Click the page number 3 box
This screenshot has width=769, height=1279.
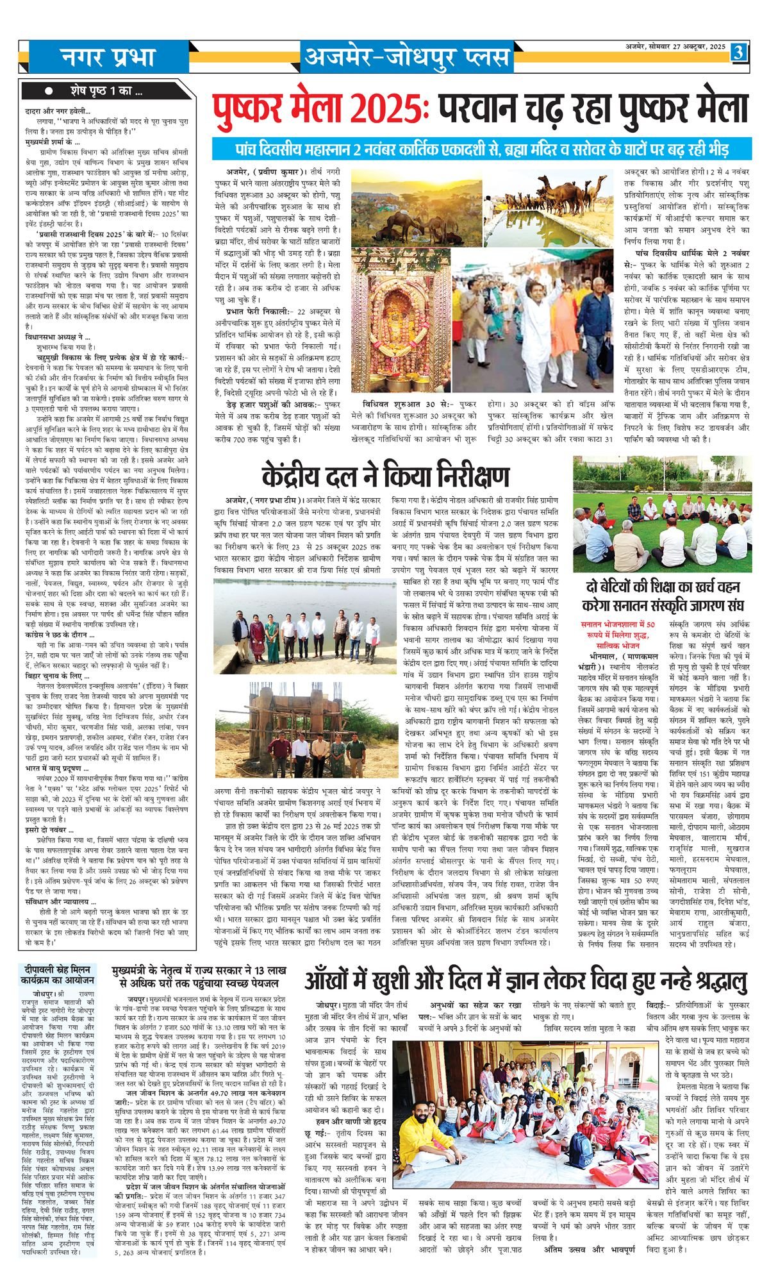[x=739, y=52]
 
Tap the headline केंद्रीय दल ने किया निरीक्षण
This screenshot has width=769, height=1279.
[x=385, y=476]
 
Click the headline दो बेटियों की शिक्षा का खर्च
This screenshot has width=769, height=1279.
[x=663, y=596]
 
